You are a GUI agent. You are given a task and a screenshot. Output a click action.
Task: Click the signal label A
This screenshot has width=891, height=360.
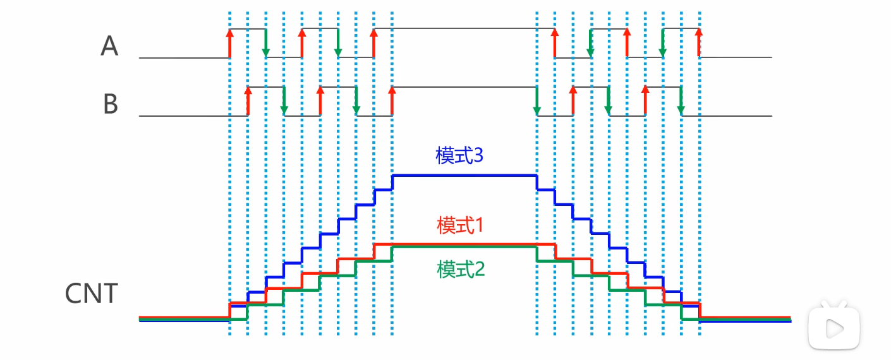tap(109, 46)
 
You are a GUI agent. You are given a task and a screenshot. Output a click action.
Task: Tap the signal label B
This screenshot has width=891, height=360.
tap(111, 104)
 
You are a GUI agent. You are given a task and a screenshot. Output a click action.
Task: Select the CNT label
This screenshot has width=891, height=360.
tap(92, 294)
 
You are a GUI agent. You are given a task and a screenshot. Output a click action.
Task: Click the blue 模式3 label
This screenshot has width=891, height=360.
tap(459, 156)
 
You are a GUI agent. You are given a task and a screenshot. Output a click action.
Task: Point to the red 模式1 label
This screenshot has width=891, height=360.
tap(459, 225)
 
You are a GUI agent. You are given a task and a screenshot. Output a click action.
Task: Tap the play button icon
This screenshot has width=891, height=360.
tap(834, 327)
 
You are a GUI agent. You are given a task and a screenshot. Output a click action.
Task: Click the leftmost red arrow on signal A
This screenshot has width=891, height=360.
tap(229, 43)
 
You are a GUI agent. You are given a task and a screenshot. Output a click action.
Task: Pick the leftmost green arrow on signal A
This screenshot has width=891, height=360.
tap(266, 43)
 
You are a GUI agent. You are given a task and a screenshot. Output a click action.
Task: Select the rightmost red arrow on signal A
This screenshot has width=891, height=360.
tap(699, 43)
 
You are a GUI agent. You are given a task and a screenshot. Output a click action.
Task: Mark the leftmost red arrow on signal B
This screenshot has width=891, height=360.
tap(248, 101)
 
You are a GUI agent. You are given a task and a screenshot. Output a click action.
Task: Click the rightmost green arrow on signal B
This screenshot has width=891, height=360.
tap(681, 101)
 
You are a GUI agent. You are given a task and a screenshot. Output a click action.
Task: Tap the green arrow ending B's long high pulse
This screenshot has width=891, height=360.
tap(537, 101)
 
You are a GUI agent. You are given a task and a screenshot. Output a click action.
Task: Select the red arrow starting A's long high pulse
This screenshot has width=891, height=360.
tap(374, 43)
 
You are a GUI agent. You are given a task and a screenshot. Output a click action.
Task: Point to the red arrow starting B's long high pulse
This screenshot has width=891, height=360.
tap(392, 101)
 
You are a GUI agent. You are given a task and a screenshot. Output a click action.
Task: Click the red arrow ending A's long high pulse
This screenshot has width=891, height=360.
tap(554, 43)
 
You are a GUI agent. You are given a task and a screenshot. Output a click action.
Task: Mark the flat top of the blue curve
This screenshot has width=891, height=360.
tap(464, 176)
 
